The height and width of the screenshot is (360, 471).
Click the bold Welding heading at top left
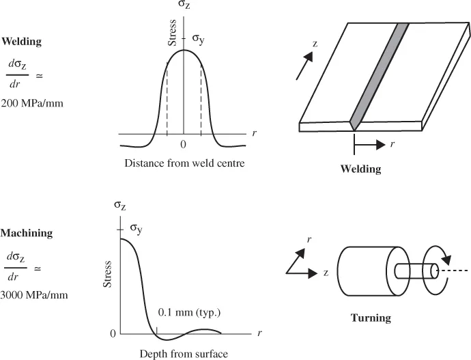[22, 42]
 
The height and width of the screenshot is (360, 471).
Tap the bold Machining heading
[26, 234]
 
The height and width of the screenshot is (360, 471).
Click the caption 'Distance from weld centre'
[184, 163]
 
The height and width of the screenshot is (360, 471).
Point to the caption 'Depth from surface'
[183, 354]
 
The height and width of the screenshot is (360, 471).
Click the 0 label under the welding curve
[183, 145]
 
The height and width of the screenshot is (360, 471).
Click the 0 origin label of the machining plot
[113, 334]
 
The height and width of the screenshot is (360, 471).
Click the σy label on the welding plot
[199, 40]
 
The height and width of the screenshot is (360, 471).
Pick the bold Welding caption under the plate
[360, 169]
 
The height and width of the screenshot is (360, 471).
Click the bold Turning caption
[370, 318]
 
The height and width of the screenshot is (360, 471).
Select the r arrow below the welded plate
[371, 144]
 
